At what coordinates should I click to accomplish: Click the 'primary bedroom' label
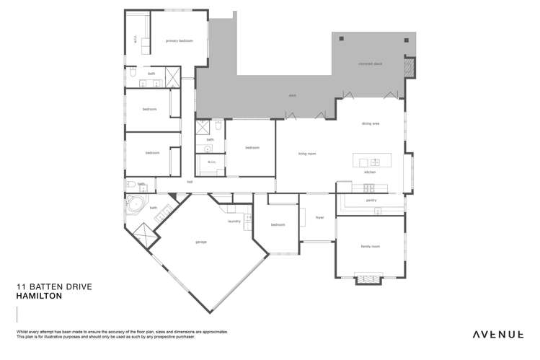tap(180, 41)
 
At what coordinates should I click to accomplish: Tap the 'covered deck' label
tap(370, 63)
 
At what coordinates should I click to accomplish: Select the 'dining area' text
tap(371, 123)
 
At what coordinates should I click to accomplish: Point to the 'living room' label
tap(308, 153)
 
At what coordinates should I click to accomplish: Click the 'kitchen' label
tap(370, 172)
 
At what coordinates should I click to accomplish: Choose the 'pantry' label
tap(371, 200)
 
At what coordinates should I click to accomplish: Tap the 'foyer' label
tap(319, 216)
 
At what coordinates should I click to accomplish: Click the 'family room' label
tap(370, 246)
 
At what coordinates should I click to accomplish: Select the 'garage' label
tap(200, 242)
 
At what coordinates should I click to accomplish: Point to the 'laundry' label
tap(234, 221)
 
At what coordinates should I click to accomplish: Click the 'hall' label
tap(190, 182)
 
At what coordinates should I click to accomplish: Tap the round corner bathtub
tap(135, 206)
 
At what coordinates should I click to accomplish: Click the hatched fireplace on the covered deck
tap(410, 68)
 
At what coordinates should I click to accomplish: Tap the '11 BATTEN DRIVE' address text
tap(54, 286)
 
